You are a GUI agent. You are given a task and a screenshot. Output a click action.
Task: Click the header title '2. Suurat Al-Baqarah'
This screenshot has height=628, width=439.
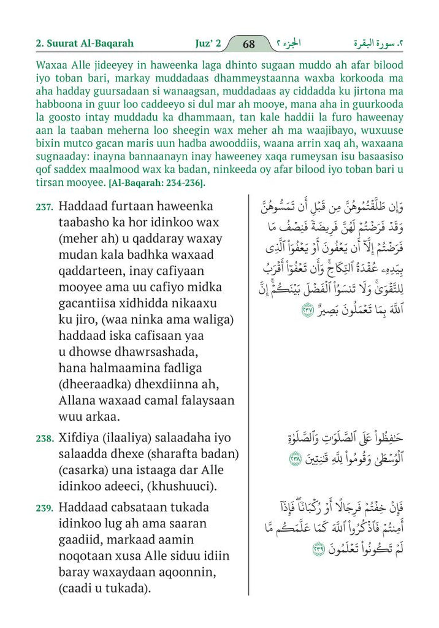click(85, 44)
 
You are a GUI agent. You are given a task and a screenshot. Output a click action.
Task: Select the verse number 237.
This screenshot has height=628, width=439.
click(44, 208)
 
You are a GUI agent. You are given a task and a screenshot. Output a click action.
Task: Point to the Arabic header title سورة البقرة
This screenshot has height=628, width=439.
click(381, 44)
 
